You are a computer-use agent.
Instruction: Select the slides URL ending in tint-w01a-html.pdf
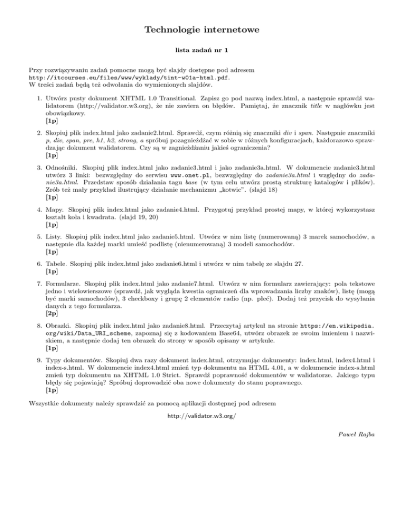click(x=129, y=77)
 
